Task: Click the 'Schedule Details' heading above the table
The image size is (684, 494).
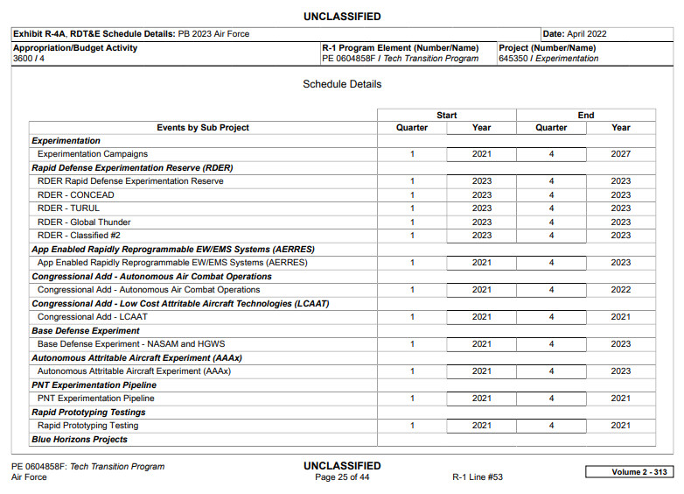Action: pyautogui.click(x=342, y=84)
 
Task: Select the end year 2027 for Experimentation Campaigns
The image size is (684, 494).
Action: pyautogui.click(x=620, y=154)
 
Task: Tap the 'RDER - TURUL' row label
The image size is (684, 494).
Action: pyautogui.click(x=68, y=208)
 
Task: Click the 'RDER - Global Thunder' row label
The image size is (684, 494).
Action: pyautogui.click(x=84, y=222)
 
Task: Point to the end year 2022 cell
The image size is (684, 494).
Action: pyautogui.click(x=620, y=290)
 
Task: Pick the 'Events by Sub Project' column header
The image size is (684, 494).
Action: pyautogui.click(x=203, y=128)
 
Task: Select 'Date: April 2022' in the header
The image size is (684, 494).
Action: pyautogui.click(x=575, y=34)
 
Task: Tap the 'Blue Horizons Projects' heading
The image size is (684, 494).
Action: pyautogui.click(x=80, y=440)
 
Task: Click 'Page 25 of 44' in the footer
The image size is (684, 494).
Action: pyautogui.click(x=342, y=477)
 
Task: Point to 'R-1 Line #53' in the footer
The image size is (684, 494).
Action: pyautogui.click(x=477, y=477)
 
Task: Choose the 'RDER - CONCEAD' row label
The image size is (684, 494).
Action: pyautogui.click(x=75, y=195)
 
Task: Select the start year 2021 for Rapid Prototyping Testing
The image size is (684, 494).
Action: pyautogui.click(x=481, y=426)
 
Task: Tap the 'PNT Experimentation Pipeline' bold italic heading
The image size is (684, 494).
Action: pyautogui.click(x=94, y=385)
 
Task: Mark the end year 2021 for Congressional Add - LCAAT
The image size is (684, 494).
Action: pyautogui.click(x=620, y=317)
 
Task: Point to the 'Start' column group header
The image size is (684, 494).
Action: pyautogui.click(x=446, y=115)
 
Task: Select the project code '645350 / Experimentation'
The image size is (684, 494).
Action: pyautogui.click(x=548, y=59)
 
